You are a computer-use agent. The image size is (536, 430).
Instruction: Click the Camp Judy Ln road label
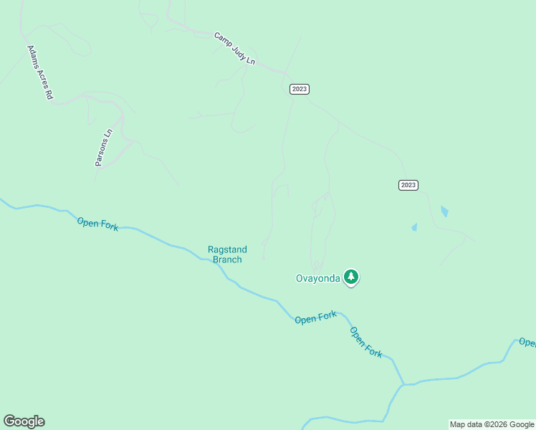[235, 49]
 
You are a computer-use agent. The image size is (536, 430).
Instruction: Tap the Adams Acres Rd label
[40, 72]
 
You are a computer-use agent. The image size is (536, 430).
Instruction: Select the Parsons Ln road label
[104, 148]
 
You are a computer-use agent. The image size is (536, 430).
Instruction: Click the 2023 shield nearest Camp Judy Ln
[300, 89]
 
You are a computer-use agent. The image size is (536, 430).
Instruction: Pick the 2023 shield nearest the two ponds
[408, 185]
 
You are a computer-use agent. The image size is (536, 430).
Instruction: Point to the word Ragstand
[227, 249]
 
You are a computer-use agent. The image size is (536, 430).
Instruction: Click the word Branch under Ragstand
[227, 259]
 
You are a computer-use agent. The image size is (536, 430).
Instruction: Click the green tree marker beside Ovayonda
[350, 277]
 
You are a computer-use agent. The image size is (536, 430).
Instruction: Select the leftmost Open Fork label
[97, 224]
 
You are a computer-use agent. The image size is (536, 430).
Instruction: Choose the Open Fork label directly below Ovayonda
[315, 317]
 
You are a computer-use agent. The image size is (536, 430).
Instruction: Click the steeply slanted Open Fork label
[366, 343]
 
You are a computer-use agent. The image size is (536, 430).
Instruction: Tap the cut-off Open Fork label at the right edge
[527, 343]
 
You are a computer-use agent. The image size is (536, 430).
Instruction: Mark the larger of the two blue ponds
[445, 211]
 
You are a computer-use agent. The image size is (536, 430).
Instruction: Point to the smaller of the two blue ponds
[414, 227]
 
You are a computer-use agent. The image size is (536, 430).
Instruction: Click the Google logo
[24, 421]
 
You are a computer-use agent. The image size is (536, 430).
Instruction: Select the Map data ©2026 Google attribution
[492, 424]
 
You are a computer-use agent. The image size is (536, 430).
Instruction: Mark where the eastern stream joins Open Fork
[403, 384]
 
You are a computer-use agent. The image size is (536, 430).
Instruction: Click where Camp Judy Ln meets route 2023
[287, 74]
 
